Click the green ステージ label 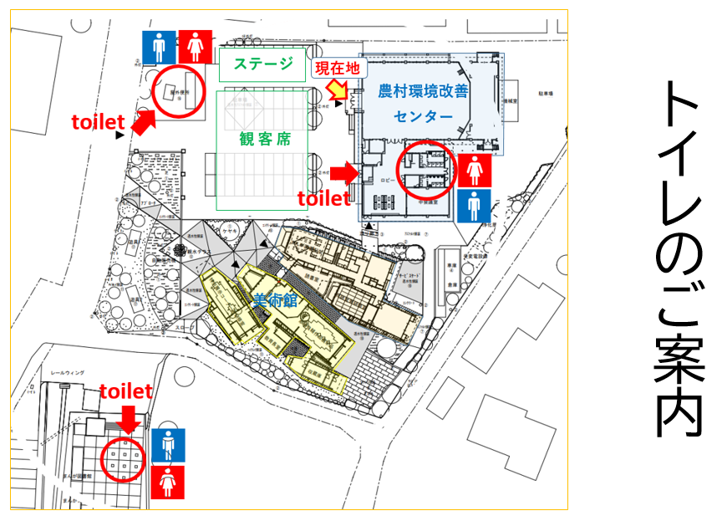point(262,64)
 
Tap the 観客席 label point(264,139)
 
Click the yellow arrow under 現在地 point(338,88)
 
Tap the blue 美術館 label point(276,302)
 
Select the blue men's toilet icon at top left point(158,48)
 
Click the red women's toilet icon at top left point(196,48)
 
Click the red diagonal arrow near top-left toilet point(142,122)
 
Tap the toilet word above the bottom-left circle point(126,391)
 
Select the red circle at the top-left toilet point(178,93)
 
